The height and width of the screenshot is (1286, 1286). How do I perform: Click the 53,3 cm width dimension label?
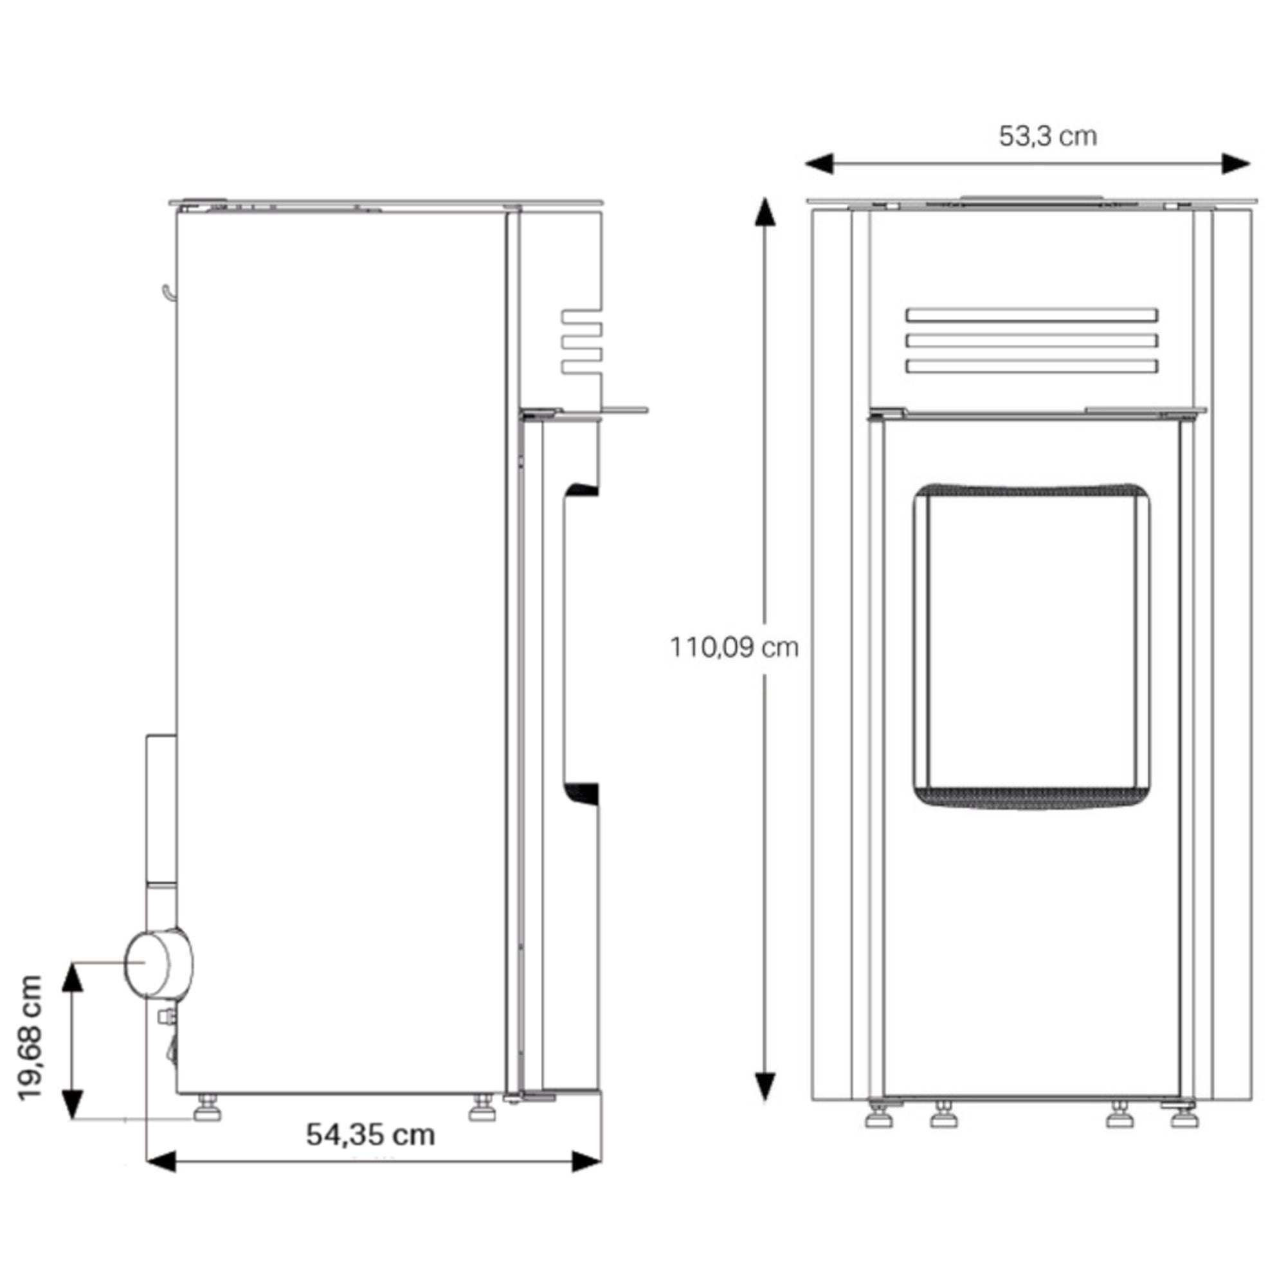[1047, 136]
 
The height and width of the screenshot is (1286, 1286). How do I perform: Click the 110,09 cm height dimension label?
[734, 647]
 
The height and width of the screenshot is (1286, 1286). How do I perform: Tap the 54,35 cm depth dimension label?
[370, 1134]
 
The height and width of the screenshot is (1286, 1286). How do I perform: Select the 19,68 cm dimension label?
[30, 1038]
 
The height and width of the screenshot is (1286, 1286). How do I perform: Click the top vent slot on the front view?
[1031, 316]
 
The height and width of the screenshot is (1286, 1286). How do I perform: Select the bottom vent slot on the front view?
[1031, 366]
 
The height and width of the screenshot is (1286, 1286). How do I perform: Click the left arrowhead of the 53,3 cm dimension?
[819, 164]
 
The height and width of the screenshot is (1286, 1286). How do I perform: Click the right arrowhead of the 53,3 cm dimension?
[1235, 164]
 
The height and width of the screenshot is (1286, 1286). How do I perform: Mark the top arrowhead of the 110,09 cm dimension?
[765, 212]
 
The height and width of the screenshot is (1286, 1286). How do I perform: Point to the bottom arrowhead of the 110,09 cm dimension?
[765, 1087]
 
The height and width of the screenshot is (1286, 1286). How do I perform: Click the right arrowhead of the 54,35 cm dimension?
[586, 1161]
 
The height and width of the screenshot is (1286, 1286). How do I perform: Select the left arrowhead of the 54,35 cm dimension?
[160, 1161]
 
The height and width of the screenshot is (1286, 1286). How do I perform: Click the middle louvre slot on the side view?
[581, 341]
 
